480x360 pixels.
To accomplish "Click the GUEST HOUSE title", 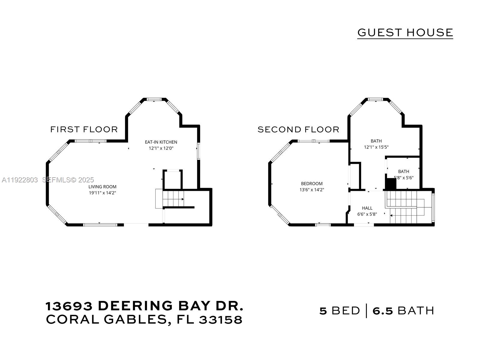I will tap(405, 32).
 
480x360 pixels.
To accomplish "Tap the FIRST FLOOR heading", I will tap(84, 129).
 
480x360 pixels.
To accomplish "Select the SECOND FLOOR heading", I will tap(298, 129).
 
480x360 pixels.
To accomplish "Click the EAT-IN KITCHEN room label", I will tap(161, 142).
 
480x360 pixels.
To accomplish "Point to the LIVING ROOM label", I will tap(102, 187).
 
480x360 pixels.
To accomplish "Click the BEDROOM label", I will tap(312, 184).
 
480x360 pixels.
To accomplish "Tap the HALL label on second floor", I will tap(367, 208).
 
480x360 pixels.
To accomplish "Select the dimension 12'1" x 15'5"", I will tap(376, 147).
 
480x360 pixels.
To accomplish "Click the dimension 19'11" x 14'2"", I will tap(102, 193).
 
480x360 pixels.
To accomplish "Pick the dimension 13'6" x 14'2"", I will tap(312, 190).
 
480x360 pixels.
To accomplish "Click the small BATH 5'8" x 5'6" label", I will tap(403, 174).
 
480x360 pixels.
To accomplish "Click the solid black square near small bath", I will tap(391, 184).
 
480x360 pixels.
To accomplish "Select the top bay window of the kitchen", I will tap(154, 99).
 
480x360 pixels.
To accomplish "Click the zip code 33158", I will tap(220, 320).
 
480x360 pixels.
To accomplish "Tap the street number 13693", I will tap(69, 306).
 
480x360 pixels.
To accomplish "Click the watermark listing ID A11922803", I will tap(20, 180).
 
